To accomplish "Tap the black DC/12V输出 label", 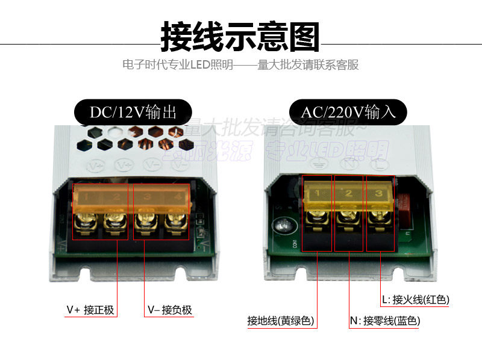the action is [133, 112].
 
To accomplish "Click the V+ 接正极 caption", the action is [90, 310].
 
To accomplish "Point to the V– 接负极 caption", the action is [170, 310].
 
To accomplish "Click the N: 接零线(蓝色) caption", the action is [385, 321].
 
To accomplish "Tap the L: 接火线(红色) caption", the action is [415, 299].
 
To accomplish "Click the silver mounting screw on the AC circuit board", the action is [283, 227].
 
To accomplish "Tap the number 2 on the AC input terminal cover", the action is [348, 194].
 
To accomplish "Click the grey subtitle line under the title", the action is [240, 64].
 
